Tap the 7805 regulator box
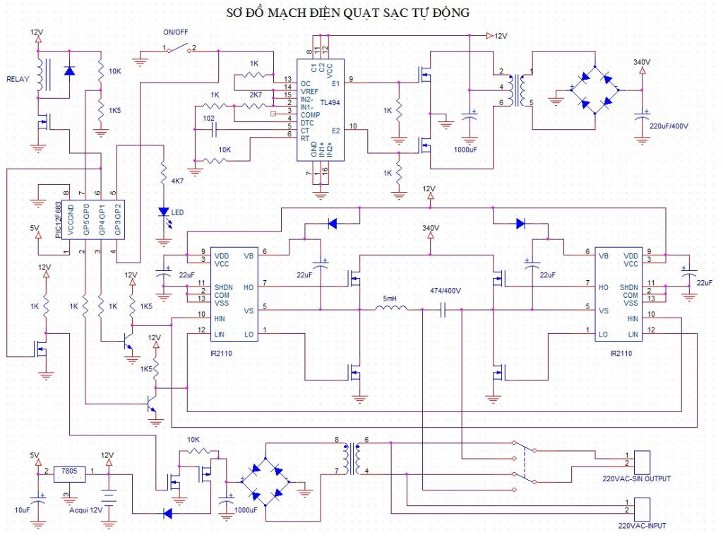[x=69, y=471]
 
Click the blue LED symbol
[x=164, y=212]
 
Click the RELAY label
[x=17, y=79]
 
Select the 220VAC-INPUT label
[x=641, y=526]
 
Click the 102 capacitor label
[x=208, y=118]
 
